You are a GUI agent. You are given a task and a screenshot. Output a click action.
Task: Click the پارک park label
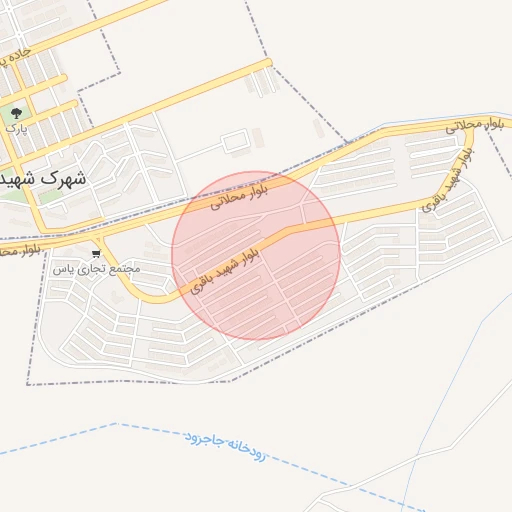pyautogui.click(x=14, y=128)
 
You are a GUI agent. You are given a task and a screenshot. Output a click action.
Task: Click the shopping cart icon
pyautogui.click(x=96, y=254)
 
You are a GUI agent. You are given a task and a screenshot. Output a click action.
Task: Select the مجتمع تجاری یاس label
pyautogui.click(x=96, y=269)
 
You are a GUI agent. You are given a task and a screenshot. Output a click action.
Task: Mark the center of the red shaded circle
pyautogui.click(x=256, y=254)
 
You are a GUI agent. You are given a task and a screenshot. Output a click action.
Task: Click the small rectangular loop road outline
pyautogui.click(x=235, y=143)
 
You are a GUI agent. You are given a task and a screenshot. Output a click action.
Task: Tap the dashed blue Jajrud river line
pyautogui.click(x=330, y=480)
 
